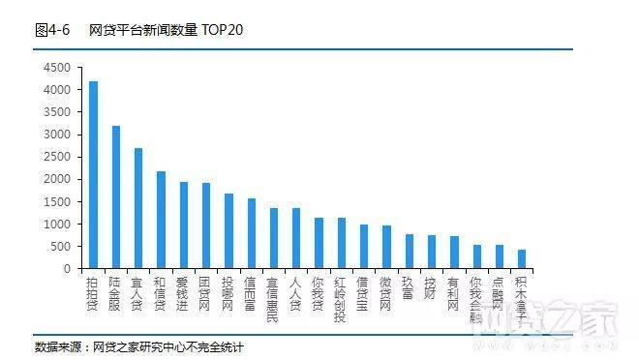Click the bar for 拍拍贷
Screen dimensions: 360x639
coord(93,175)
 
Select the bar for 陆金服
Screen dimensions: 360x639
coord(116,197)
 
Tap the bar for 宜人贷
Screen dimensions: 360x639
coord(138,208)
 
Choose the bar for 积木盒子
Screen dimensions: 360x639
coord(522,259)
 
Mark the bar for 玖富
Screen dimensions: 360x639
coord(409,252)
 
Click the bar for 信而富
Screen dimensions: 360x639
coord(251,233)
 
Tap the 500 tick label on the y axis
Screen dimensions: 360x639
coord(62,246)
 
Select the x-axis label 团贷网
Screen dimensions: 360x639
coord(205,291)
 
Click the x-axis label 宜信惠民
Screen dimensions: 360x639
coord(273,297)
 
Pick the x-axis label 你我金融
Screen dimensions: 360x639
coord(476,297)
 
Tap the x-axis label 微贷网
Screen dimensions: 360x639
coord(386,291)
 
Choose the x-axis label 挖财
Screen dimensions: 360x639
coord(431,286)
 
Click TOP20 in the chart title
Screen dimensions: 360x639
coord(224,30)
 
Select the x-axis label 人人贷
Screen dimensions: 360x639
coord(295,291)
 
